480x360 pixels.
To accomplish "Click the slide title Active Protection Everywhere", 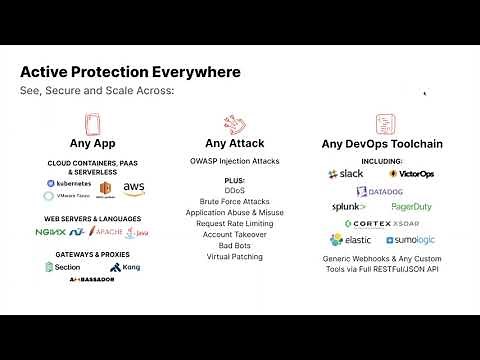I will pyautogui.click(x=131, y=73).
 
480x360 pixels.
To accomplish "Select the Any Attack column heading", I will pyautogui.click(x=234, y=143).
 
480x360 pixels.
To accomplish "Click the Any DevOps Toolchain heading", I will pyautogui.click(x=381, y=143).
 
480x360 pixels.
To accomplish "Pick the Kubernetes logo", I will pyautogui.click(x=69, y=184).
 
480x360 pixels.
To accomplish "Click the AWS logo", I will pyautogui.click(x=134, y=187).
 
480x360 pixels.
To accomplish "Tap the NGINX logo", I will pyautogui.click(x=51, y=232).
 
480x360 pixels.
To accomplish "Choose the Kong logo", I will pyautogui.click(x=128, y=266).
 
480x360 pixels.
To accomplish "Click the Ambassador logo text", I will pyautogui.click(x=92, y=279).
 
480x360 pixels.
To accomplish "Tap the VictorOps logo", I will pyautogui.click(x=411, y=173).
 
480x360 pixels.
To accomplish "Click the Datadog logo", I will pyautogui.click(x=380, y=190).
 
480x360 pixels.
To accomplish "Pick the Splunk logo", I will pyautogui.click(x=348, y=207).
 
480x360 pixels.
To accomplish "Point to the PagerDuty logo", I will pyautogui.click(x=412, y=207).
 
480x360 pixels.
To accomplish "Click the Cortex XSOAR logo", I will pyautogui.click(x=379, y=223).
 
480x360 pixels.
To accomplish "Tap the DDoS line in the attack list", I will pyautogui.click(x=235, y=190).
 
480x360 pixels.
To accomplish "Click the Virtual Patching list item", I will pyautogui.click(x=235, y=256).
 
